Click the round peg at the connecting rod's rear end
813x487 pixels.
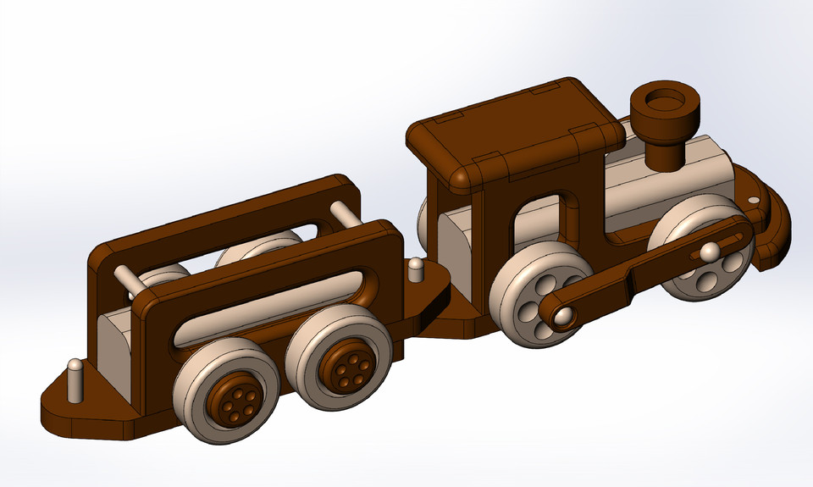[x=561, y=317]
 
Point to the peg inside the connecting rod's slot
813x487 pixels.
[x=709, y=251]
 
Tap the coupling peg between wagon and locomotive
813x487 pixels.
[x=415, y=269]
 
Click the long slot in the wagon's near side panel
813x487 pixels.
[x=271, y=309]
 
